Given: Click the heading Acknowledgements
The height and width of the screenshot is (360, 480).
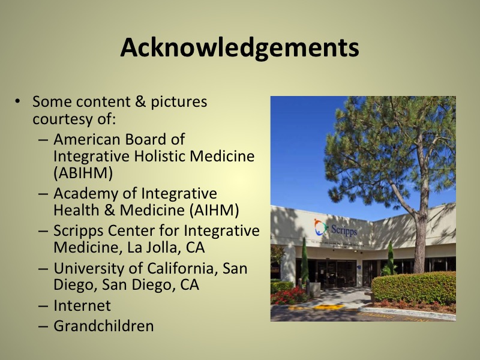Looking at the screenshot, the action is pyautogui.click(x=239, y=48).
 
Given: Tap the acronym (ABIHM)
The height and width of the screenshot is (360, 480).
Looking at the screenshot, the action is pyautogui.click(x=83, y=173).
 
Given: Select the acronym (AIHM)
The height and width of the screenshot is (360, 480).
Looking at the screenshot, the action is pyautogui.click(x=214, y=211).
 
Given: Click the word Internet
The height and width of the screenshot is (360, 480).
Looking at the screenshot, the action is pyautogui.click(x=82, y=305).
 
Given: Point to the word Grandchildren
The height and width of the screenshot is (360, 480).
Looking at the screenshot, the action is pyautogui.click(x=103, y=326).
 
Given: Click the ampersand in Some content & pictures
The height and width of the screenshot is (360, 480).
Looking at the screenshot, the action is pyautogui.click(x=140, y=101).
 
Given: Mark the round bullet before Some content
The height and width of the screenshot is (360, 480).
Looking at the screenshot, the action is pyautogui.click(x=18, y=100).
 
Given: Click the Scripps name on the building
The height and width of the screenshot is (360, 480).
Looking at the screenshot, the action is pyautogui.click(x=344, y=230).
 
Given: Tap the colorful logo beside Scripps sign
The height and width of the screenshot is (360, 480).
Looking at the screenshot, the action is pyautogui.click(x=320, y=227).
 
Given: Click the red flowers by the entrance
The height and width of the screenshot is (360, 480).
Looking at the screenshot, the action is pyautogui.click(x=289, y=296).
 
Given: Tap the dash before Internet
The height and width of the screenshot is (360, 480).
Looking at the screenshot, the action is pyautogui.click(x=43, y=306).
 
